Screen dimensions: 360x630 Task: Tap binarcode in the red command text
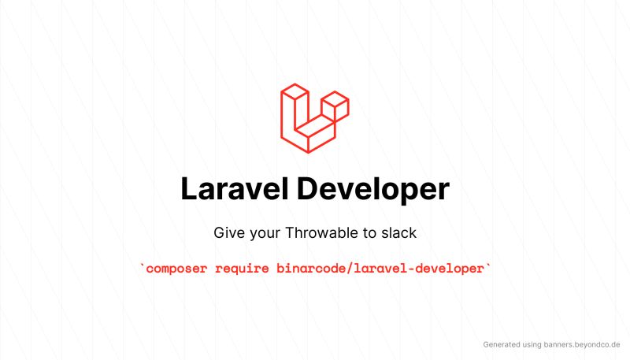309,269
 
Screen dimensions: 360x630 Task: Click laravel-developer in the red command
417,269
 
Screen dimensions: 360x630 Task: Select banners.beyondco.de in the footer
584,344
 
